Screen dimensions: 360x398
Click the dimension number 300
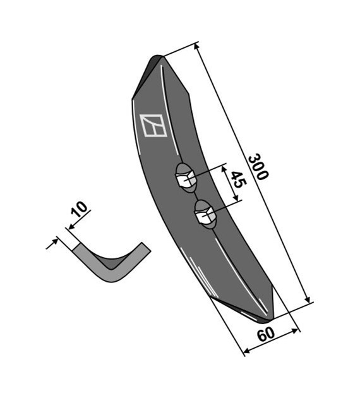tap(258, 167)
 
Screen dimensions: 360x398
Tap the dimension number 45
tap(238, 179)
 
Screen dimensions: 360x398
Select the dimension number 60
tap(266, 334)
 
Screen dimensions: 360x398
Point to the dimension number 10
tap(80, 209)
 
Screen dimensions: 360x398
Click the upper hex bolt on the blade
tap(186, 178)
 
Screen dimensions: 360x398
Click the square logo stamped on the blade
tap(153, 125)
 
